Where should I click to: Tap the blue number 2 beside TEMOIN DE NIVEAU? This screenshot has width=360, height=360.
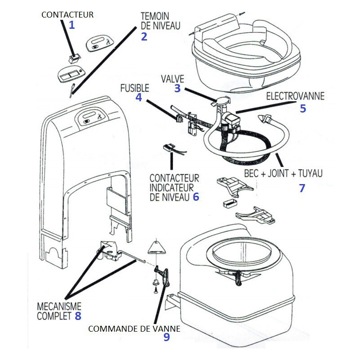[x=144, y=37]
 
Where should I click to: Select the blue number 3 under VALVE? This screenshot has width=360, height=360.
[x=177, y=88]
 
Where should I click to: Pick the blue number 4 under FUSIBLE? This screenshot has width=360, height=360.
[x=139, y=97]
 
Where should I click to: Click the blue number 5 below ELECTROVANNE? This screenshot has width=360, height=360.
[x=302, y=108]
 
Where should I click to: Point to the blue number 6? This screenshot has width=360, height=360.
[x=195, y=197]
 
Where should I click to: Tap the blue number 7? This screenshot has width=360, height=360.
[x=302, y=188]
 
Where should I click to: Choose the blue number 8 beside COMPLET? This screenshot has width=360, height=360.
[x=78, y=316]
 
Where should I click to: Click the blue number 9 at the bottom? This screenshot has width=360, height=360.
[x=167, y=337]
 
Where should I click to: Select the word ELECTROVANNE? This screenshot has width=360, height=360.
[x=295, y=96]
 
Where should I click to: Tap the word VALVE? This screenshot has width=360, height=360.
[x=172, y=79]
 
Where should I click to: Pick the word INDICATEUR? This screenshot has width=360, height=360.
[x=171, y=187]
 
